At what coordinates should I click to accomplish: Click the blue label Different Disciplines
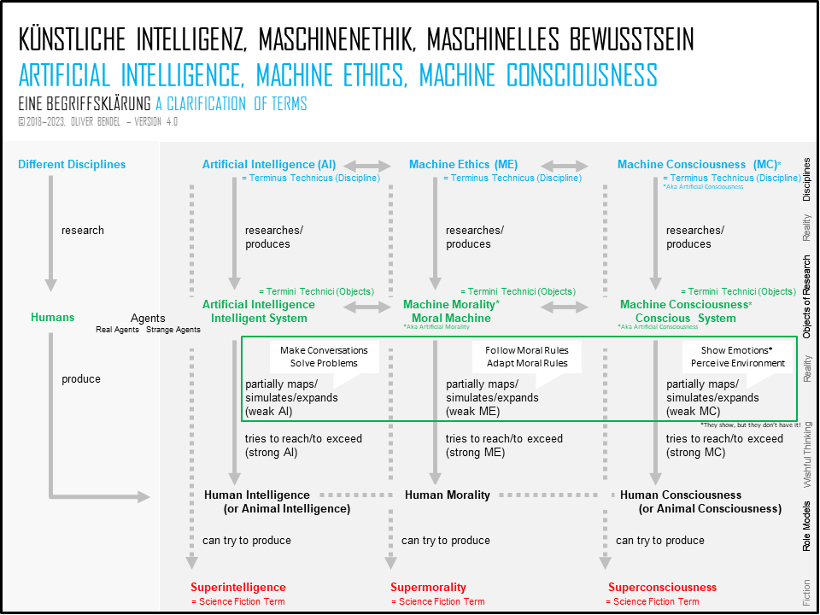coord(72,164)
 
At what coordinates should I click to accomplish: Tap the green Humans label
coord(52,317)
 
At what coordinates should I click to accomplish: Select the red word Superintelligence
coord(238,587)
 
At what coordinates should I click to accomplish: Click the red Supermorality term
coord(428,587)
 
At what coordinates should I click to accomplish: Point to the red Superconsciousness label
coord(662,587)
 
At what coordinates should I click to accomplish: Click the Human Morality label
coord(447,495)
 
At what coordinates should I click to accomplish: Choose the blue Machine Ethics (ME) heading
coord(463,164)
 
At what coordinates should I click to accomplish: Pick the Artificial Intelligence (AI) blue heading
coord(269,164)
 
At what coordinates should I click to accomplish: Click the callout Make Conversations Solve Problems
coord(325,357)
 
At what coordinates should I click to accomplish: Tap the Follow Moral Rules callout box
coord(527,357)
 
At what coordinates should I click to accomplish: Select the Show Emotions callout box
coord(737,357)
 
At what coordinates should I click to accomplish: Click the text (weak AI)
coord(269,412)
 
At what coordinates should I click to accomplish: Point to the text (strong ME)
coord(475,453)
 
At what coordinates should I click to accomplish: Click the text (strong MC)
coord(695,453)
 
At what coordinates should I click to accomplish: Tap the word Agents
coord(148,318)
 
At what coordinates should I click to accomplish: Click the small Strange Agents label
coord(173,330)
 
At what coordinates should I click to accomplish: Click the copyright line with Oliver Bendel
coord(97,122)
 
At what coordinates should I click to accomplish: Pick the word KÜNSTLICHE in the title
coord(72,40)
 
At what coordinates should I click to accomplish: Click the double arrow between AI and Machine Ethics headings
coord(367,167)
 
